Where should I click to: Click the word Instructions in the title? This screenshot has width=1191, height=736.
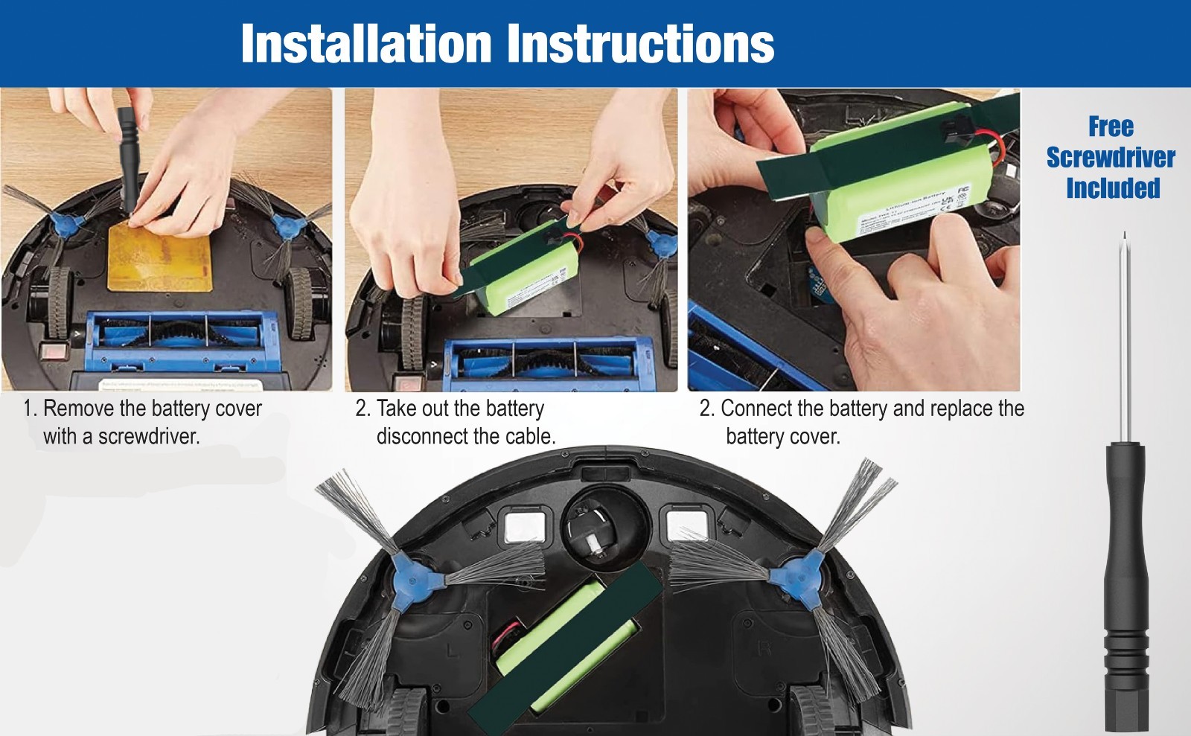[642, 43]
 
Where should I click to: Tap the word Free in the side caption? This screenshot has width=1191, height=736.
[1111, 127]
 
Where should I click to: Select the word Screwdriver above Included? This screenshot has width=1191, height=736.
[1111, 157]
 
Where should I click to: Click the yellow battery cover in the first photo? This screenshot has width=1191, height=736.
[161, 257]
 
